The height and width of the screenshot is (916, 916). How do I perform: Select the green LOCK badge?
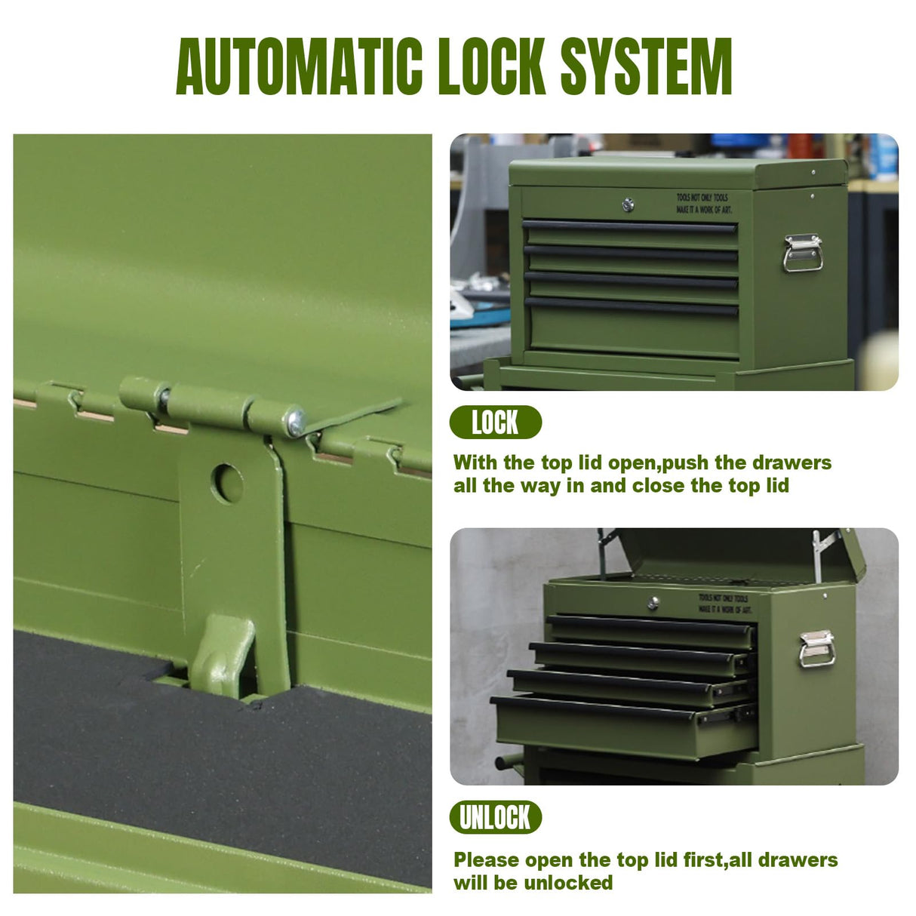(495, 423)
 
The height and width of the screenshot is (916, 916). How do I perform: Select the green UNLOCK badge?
(495, 817)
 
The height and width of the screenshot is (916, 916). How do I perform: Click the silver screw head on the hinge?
(296, 422)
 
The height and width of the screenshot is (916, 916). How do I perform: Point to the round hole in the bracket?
(227, 484)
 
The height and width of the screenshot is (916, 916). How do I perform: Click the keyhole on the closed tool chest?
(628, 204)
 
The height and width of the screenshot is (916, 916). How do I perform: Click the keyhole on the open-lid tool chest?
(653, 603)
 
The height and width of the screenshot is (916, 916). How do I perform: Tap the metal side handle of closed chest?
(802, 253)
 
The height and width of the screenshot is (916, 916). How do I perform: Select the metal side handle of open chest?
(817, 649)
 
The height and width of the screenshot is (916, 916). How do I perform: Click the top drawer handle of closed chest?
(629, 226)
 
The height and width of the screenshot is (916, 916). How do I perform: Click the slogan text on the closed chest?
(703, 203)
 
